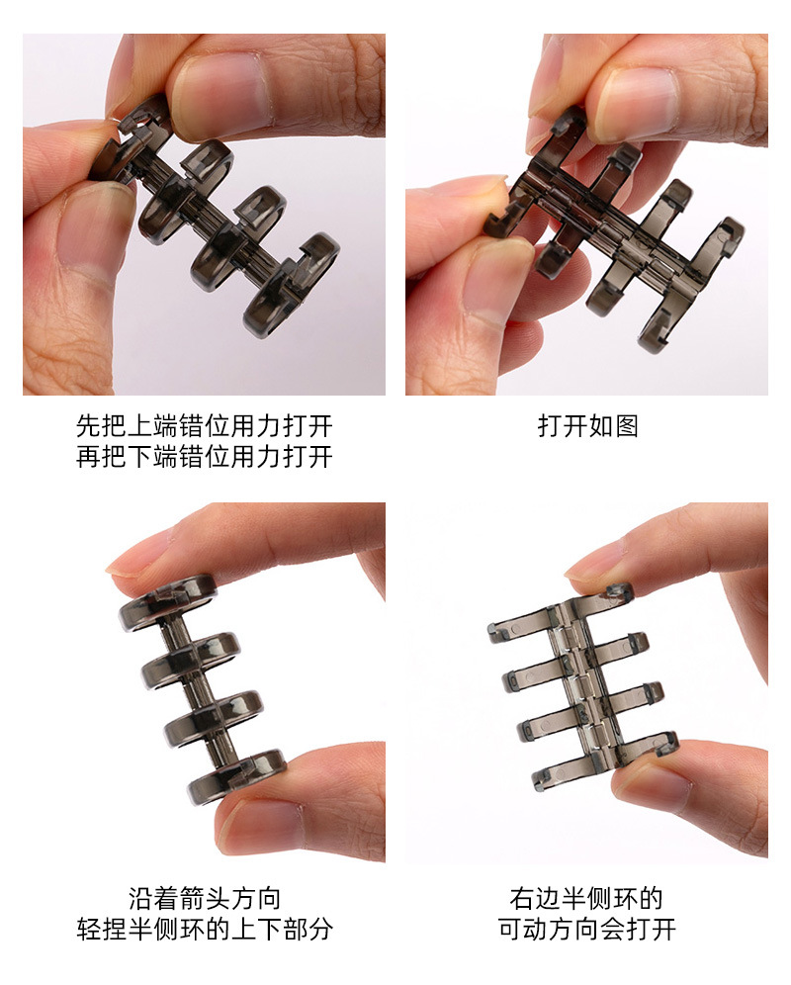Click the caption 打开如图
click(x=587, y=426)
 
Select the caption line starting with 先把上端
click(x=205, y=426)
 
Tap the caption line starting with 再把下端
click(x=205, y=457)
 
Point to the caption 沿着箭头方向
click(x=205, y=898)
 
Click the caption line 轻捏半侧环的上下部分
click(x=205, y=930)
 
